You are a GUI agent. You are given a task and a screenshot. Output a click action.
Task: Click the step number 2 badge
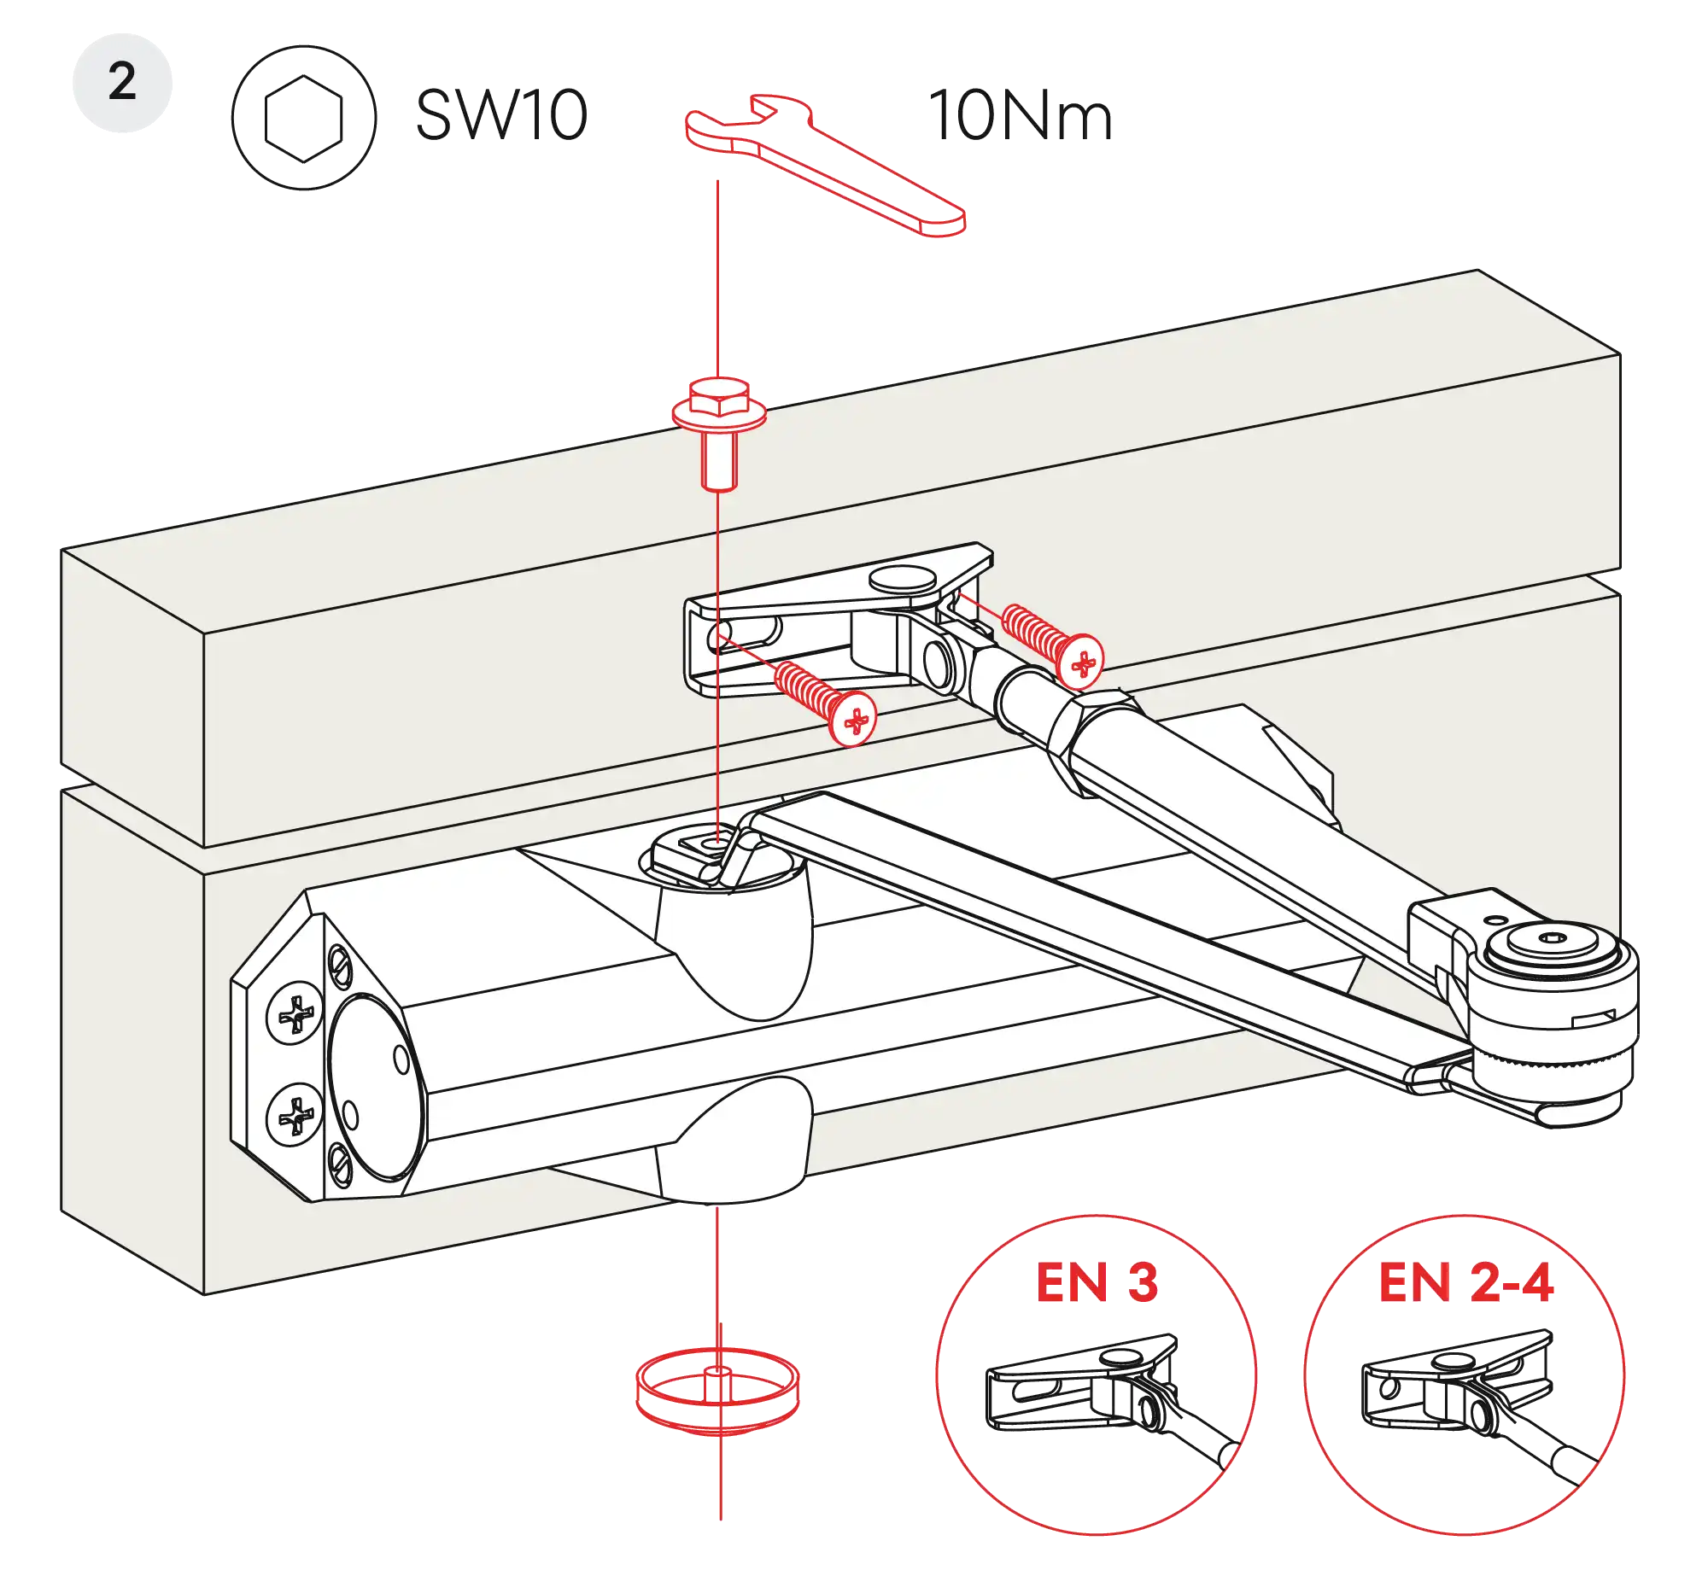pyautogui.click(x=123, y=83)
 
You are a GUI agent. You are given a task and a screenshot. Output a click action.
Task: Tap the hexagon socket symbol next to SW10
pyautogui.click(x=305, y=116)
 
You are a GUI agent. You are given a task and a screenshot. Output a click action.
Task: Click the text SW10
pyautogui.click(x=501, y=116)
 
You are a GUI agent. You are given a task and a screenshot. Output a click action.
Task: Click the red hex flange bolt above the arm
pyautogui.click(x=718, y=431)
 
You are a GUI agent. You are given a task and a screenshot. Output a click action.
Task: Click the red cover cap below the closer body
pyautogui.click(x=718, y=1387)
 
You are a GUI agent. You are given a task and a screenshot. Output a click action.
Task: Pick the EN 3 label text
pyautogui.click(x=1097, y=1282)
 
